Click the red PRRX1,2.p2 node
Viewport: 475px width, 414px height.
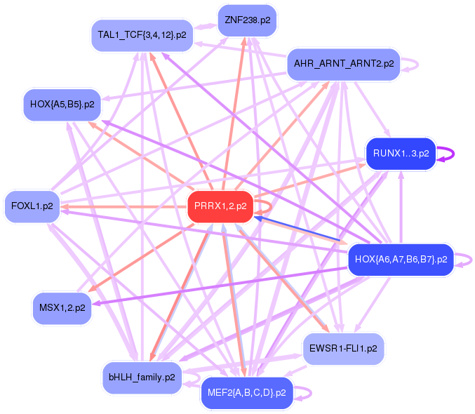pyautogui.click(x=220, y=206)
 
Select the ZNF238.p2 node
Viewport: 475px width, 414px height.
pyautogui.click(x=247, y=20)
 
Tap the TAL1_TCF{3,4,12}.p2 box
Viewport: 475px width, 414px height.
pyautogui.click(x=142, y=35)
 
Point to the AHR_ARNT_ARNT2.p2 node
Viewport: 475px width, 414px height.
pyautogui.click(x=343, y=64)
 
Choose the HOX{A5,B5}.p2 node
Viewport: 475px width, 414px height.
pyautogui.click(x=62, y=105)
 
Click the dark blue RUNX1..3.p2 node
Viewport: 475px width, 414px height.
pyautogui.click(x=401, y=154)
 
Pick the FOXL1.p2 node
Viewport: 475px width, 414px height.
pyautogui.click(x=32, y=206)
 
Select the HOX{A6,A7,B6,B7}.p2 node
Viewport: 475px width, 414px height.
pyautogui.click(x=401, y=260)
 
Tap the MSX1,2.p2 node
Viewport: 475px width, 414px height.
pyautogui.click(x=62, y=308)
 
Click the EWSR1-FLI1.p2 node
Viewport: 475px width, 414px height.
pyautogui.click(x=343, y=348)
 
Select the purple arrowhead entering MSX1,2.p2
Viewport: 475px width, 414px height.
pyautogui.click(x=97, y=303)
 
